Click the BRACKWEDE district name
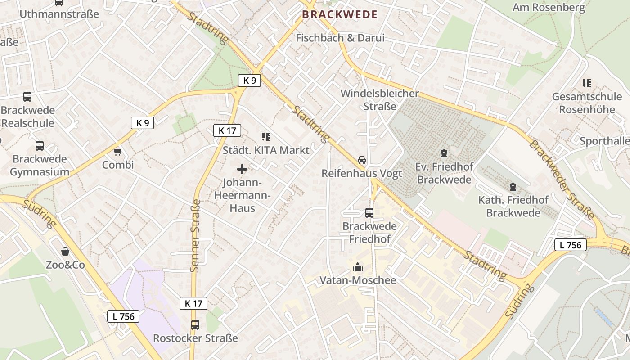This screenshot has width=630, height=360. (340, 14)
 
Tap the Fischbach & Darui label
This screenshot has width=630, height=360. (340, 38)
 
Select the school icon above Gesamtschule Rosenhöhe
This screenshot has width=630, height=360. (586, 83)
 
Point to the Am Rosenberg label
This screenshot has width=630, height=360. (549, 7)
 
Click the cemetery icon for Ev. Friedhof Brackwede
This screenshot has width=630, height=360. (444, 153)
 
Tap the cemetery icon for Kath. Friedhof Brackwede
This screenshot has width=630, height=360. (513, 187)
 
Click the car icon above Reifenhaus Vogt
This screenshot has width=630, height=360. (362, 160)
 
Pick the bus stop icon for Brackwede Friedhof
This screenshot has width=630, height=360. (369, 213)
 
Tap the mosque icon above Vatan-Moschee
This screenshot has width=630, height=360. (358, 267)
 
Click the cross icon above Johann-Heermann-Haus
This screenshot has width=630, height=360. (242, 169)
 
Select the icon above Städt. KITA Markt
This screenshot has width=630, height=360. (266, 137)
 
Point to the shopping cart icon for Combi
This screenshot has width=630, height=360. (118, 152)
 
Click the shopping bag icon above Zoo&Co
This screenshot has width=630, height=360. (65, 252)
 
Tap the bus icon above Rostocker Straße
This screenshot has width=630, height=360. (195, 324)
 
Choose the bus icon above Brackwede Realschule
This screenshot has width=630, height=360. (27, 97)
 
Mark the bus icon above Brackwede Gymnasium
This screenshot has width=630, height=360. (40, 146)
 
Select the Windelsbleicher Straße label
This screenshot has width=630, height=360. (380, 100)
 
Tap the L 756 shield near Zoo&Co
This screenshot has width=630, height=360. (123, 316)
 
